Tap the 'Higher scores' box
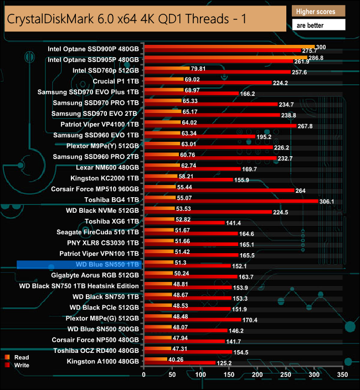point(318,12)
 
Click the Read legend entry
point(22,357)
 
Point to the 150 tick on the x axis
point(229,374)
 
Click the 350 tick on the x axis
point(342,374)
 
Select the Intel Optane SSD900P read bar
point(229,47)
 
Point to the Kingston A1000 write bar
point(179,363)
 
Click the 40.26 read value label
point(176,358)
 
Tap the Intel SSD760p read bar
point(167,69)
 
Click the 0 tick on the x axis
point(144,374)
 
